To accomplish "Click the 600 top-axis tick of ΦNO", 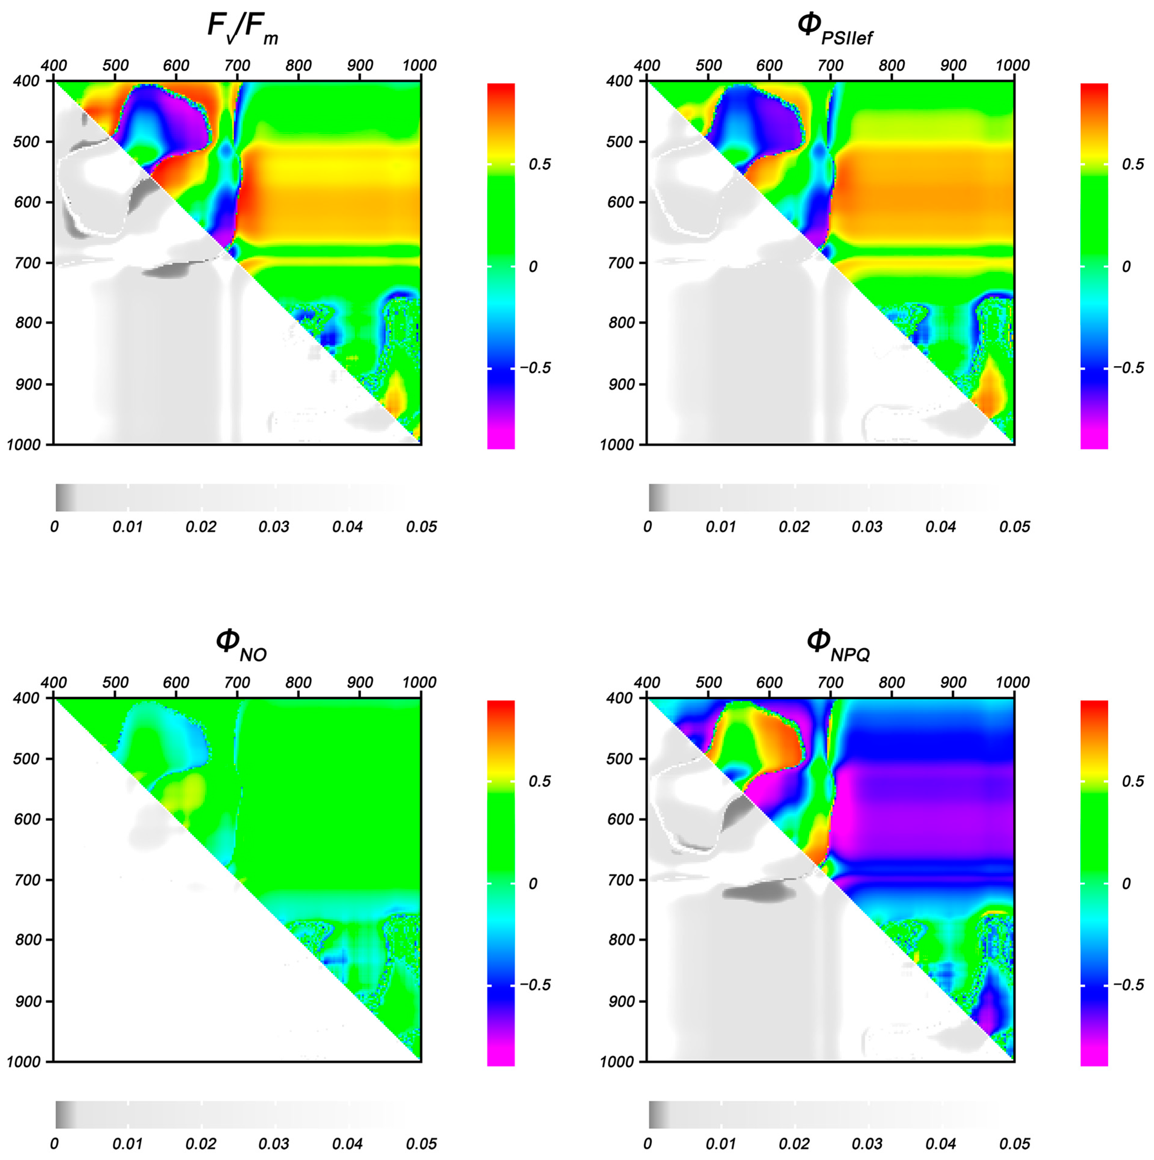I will [x=176, y=683].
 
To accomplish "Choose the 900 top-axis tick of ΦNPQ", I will [x=953, y=683].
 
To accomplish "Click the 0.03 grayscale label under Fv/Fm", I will [x=274, y=527].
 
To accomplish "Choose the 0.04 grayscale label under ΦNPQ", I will [x=941, y=1144].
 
